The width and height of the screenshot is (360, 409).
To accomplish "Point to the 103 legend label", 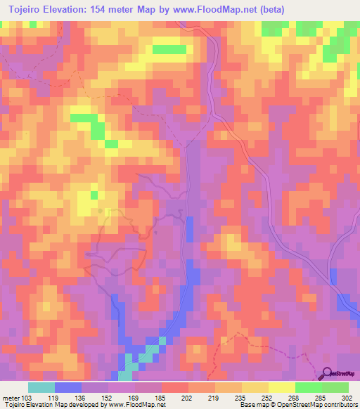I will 27,398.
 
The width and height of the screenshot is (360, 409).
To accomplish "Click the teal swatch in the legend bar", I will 41,387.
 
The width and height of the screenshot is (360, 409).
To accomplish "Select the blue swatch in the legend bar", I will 67,387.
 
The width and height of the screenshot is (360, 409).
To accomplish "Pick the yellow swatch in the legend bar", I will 281,387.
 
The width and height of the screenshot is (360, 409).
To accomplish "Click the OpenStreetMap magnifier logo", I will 327,372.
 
